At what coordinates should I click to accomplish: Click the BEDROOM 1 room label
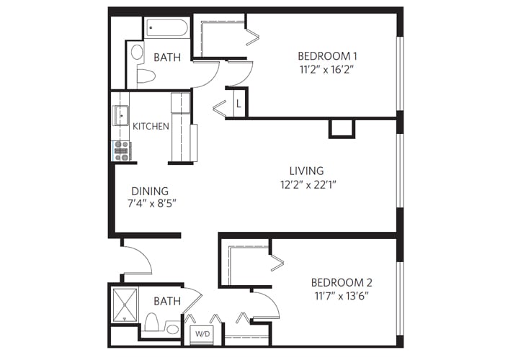tap(328, 56)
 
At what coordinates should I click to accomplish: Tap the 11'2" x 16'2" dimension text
tap(328, 70)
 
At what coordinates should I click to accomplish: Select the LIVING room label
tap(306, 171)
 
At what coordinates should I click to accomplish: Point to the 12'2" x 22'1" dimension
tap(308, 184)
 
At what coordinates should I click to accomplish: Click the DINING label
tap(149, 191)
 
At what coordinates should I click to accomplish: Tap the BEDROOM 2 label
tap(342, 282)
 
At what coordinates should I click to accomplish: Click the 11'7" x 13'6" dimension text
tap(342, 296)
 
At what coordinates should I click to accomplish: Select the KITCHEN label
tap(151, 126)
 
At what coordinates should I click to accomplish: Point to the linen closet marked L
tap(239, 104)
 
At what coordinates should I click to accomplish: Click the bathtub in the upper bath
tap(166, 28)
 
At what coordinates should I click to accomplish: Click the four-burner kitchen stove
tap(121, 150)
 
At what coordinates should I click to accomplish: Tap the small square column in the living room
tap(342, 128)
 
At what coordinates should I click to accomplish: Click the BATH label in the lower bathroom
tap(167, 302)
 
